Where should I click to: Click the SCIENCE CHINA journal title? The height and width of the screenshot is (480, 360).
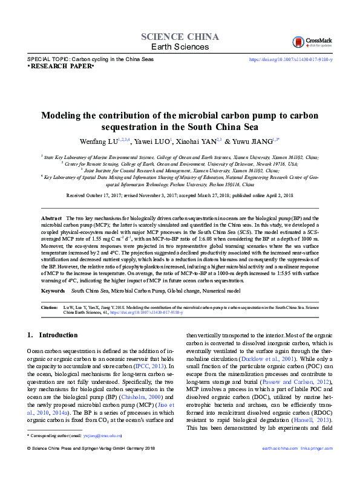tap(179, 36)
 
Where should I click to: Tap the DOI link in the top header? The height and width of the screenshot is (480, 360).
tap(290, 59)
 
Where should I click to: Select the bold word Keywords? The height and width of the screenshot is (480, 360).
tap(53, 291)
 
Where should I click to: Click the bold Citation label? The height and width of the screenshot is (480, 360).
tap(50, 307)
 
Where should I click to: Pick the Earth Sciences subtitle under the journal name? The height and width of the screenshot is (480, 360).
tap(179, 47)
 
